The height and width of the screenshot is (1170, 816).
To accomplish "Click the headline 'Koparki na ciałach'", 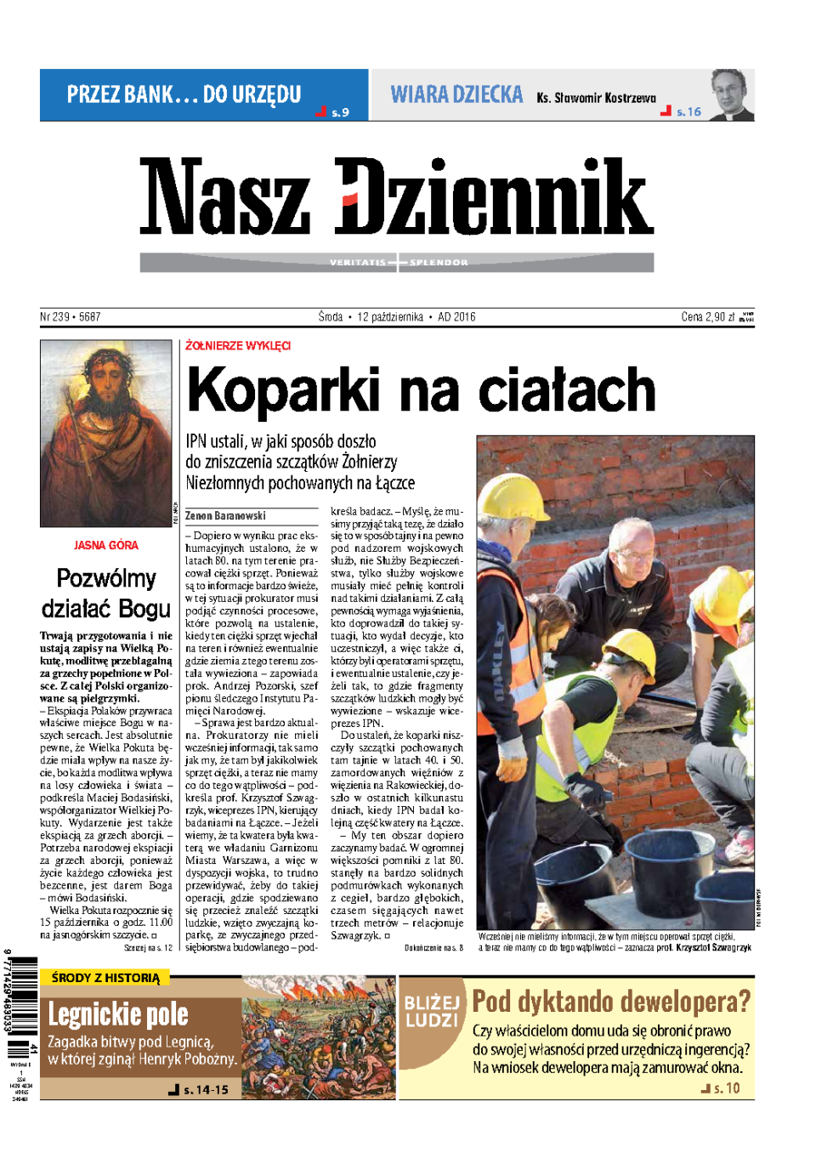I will [421, 390].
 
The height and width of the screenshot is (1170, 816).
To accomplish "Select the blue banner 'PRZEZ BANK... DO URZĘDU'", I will [184, 94].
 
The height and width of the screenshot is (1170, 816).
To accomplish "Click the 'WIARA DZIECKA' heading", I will [456, 94].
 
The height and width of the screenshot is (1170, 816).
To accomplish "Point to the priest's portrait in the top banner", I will [731, 95].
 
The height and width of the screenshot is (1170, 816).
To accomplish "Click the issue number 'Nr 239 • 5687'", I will [71, 317].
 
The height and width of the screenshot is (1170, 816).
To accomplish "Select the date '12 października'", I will [389, 317].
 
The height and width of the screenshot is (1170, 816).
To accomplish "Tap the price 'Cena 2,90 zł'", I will [707, 317].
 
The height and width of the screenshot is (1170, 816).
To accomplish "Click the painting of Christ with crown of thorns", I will [105, 433].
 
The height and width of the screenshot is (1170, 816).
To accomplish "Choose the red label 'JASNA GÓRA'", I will [105, 545].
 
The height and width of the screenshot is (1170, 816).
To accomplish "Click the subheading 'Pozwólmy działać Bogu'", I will [105, 594].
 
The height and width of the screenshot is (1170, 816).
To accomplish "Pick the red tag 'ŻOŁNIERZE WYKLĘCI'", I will [238, 346].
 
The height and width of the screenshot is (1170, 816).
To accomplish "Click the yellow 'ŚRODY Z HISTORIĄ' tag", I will [105, 978].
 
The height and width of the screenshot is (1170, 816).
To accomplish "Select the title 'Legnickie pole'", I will [118, 1014].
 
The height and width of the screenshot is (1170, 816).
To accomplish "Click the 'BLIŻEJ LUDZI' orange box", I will [432, 1011].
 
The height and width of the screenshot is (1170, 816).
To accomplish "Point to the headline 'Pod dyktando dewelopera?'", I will [611, 1002].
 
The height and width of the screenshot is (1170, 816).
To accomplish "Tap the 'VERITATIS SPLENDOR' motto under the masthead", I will [398, 263].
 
